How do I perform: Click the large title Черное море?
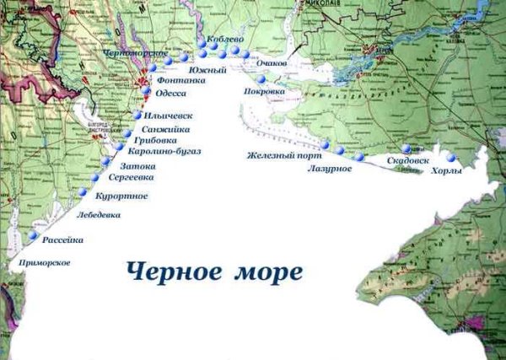(214, 272)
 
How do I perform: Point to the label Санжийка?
(166, 129)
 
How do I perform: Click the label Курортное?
(122, 196)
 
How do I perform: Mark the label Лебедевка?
(98, 215)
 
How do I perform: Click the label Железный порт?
(279, 156)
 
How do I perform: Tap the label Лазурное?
(330, 169)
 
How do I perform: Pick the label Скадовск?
(408, 159)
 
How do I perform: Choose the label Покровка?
(262, 91)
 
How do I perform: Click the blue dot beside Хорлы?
(452, 158)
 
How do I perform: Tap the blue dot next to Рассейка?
(33, 237)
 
